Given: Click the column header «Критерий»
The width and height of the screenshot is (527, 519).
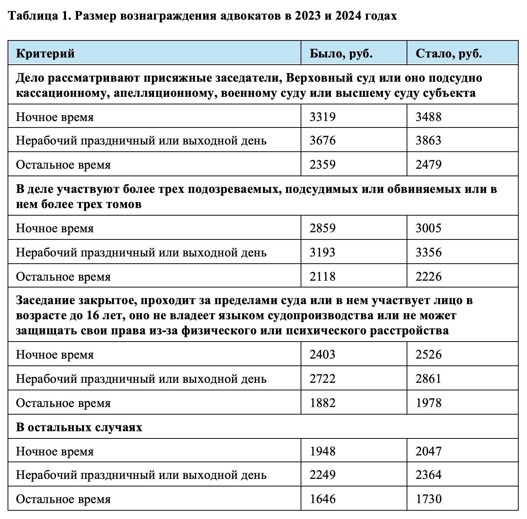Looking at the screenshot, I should pos(45,53).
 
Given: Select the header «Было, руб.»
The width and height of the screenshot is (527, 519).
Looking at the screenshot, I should pos(341,53).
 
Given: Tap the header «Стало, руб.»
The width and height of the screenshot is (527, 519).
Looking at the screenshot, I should pos(449,53).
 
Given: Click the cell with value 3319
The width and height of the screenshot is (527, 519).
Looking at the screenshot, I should pos(323,117).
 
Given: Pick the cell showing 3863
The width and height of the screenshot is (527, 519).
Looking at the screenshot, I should pos(429,140).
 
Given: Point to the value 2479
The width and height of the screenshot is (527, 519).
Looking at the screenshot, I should pos(429,165).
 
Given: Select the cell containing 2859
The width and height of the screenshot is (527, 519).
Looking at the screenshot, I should pos(323,228).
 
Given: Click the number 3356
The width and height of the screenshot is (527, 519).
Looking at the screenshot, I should pos(429,252).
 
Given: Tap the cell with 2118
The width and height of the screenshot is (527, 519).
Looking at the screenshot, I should pos(323,277).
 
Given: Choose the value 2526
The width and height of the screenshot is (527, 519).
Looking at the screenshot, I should pos(429,354).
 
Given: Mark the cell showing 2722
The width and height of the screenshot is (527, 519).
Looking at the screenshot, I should pos(323,379).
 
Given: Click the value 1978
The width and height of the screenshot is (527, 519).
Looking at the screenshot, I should pos(429,403).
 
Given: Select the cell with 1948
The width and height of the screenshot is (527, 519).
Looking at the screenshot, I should pos(323,451).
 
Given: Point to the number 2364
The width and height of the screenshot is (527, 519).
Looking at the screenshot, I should pos(429,475).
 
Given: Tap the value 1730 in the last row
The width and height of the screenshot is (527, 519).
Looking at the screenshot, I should pos(429,499).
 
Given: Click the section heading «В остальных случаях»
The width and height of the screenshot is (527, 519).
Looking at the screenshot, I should pos(79,427).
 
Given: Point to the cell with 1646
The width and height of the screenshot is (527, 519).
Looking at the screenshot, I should pos(323,499).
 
